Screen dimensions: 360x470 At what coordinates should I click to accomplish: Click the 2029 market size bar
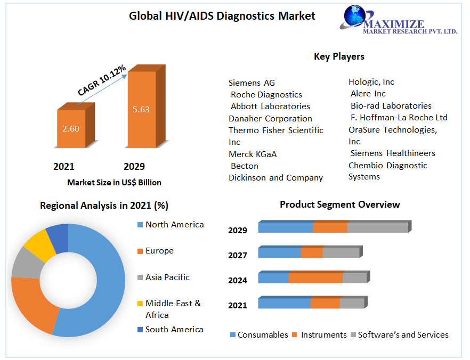141,109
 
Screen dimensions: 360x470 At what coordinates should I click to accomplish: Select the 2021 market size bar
71,128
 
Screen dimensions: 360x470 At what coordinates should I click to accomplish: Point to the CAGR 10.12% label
102,80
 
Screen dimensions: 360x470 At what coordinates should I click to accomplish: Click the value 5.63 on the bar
141,110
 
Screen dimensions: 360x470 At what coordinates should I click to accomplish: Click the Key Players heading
339,56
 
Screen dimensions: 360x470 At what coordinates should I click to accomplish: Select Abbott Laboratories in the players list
270,107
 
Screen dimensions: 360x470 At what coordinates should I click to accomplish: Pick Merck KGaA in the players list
253,154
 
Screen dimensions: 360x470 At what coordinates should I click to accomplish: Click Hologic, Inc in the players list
371,82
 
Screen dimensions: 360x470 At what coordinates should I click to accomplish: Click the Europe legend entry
159,251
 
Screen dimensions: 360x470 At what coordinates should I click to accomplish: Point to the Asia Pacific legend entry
167,277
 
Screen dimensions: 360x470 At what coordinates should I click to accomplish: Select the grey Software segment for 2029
377,227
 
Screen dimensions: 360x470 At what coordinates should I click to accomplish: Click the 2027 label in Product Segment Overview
238,256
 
